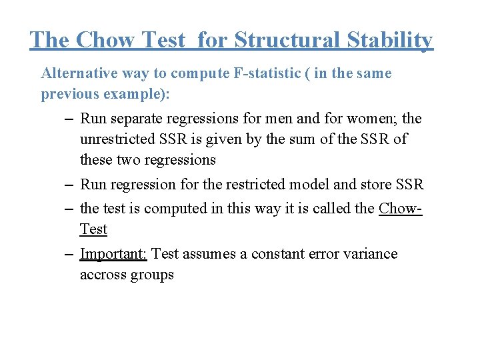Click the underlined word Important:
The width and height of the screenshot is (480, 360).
(x=114, y=254)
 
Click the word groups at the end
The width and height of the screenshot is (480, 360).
(x=155, y=275)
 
